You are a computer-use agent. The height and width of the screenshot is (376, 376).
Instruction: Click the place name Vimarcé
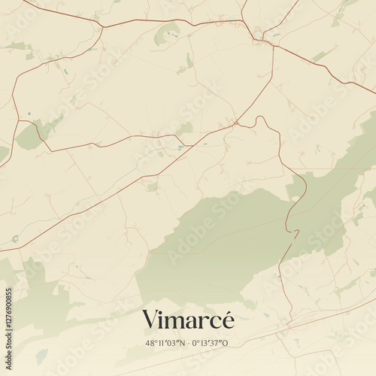[188, 320]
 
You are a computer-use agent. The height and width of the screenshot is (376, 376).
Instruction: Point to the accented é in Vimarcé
[228, 319]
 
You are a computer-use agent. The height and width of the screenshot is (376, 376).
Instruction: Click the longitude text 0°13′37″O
[210, 343]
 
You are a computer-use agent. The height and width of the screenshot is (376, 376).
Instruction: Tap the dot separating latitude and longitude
[188, 343]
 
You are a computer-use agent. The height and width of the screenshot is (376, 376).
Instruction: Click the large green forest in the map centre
[218, 241]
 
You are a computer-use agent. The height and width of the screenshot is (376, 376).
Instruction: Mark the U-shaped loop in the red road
[261, 120]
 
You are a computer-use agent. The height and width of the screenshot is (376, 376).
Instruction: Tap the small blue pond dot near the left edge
[29, 114]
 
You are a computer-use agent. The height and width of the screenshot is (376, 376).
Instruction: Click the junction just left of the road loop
[235, 123]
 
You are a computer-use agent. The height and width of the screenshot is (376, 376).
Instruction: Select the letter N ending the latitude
[181, 343]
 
